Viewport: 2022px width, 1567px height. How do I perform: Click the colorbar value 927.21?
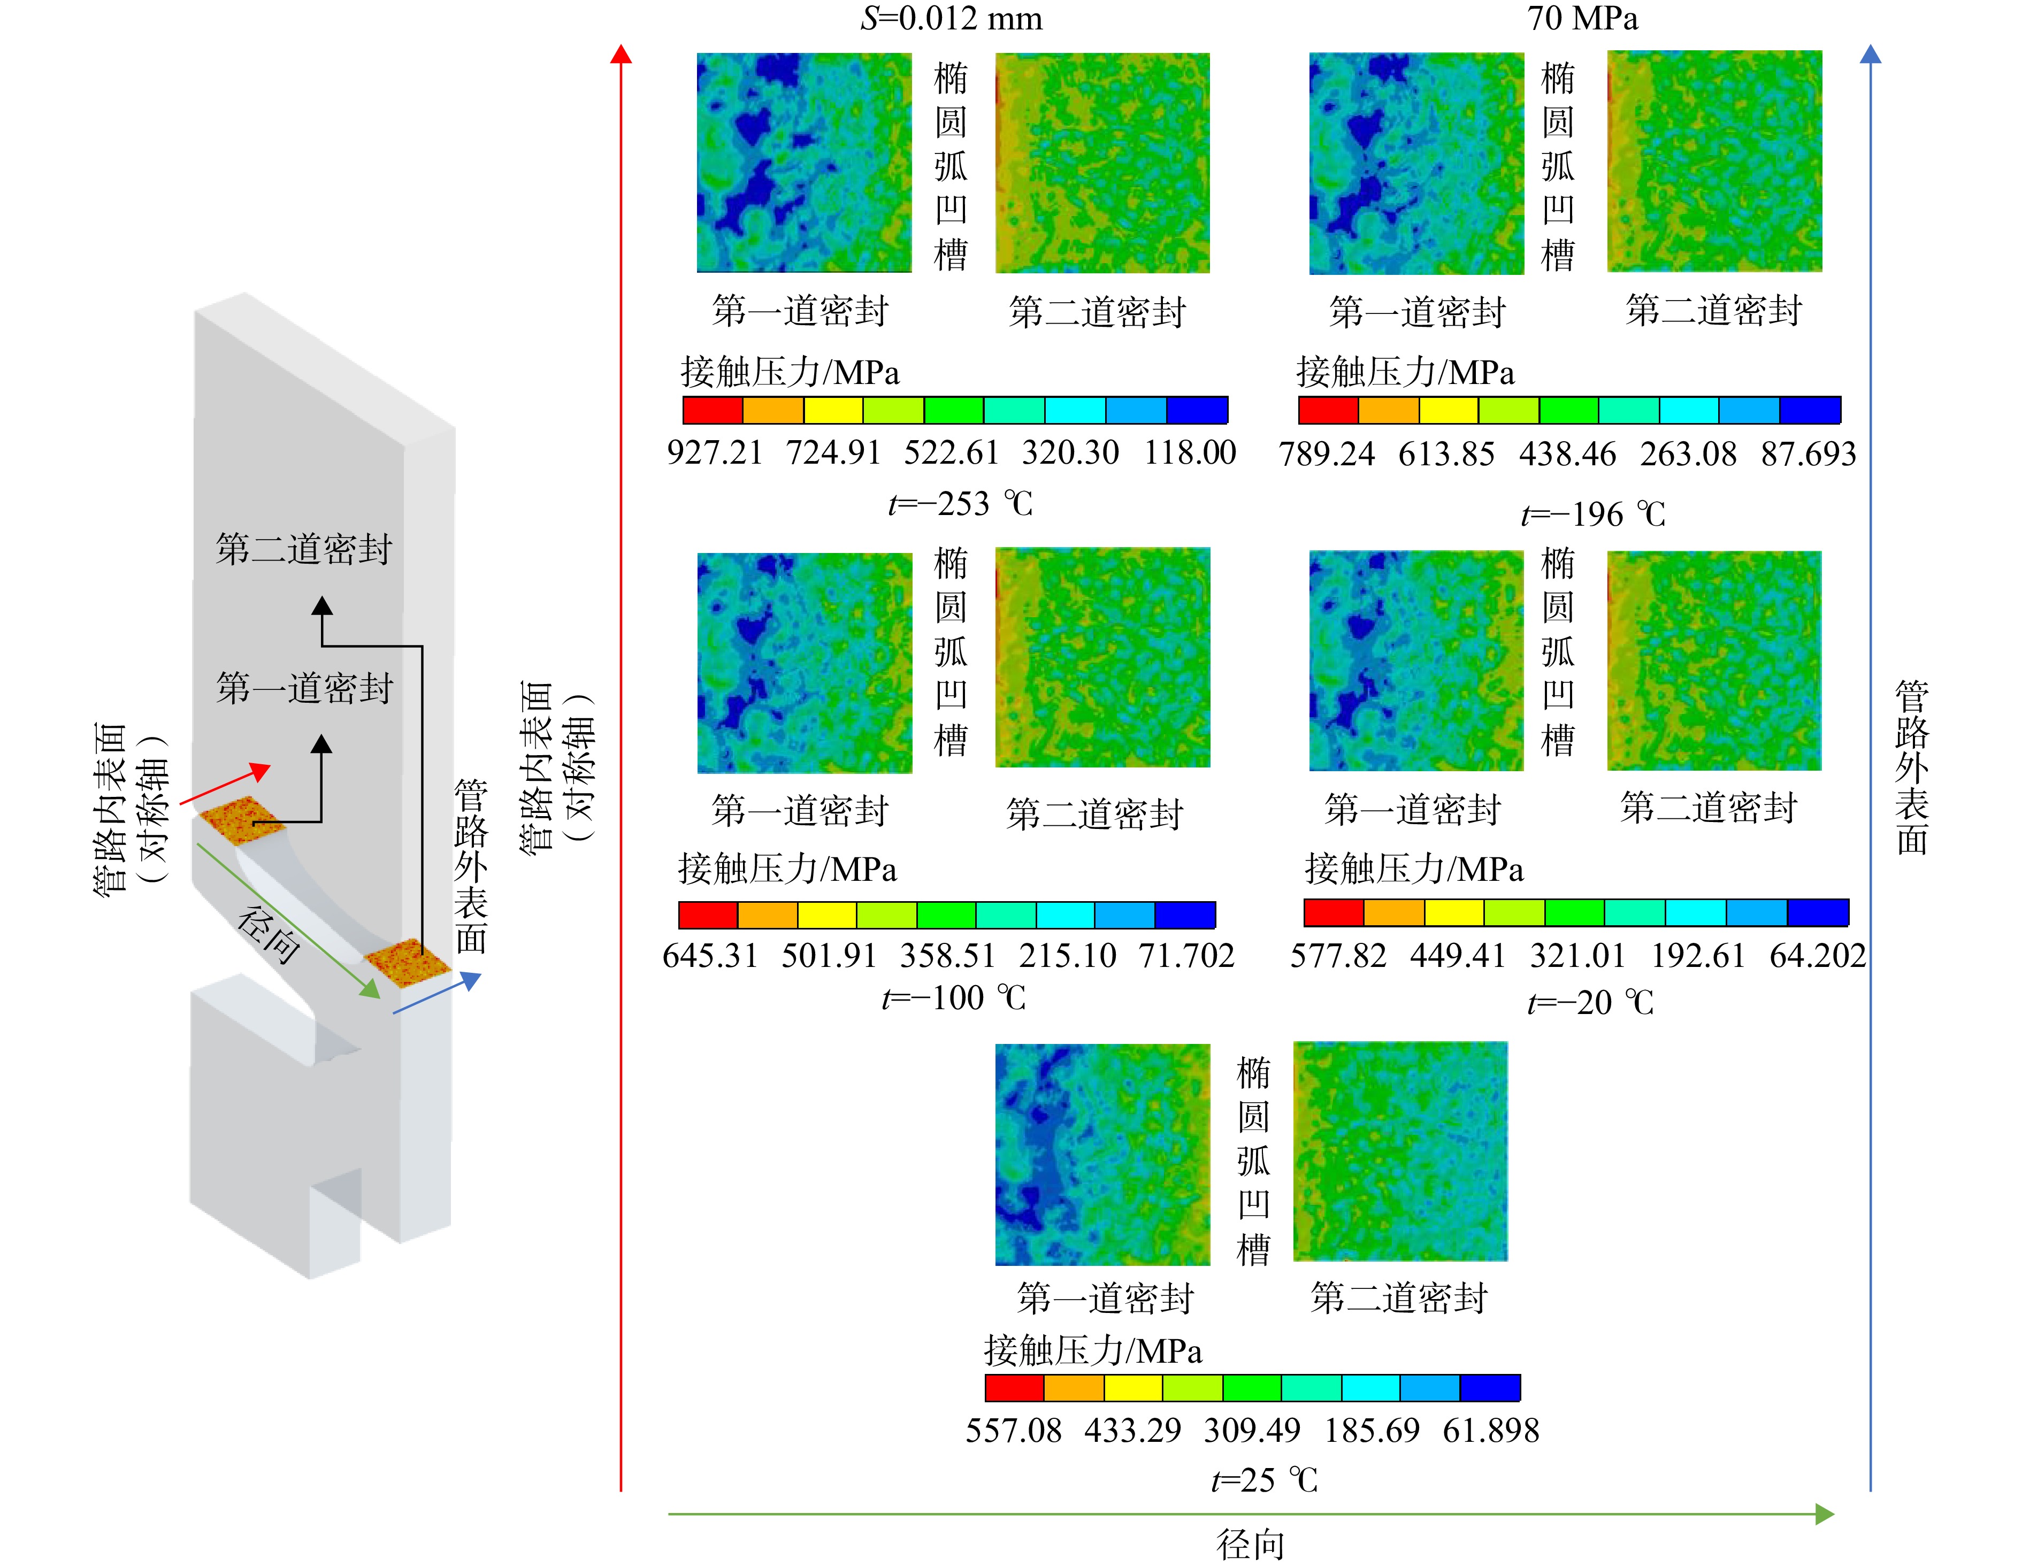point(715,452)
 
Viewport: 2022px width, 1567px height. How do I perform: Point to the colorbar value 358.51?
point(948,955)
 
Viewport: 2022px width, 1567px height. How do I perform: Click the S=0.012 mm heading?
point(952,19)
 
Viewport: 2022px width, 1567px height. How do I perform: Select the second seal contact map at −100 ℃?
point(1102,657)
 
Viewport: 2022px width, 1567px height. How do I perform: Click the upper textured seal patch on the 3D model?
point(242,820)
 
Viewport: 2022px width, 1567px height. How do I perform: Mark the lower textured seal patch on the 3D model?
point(407,963)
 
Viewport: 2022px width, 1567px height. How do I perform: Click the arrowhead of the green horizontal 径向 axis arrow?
point(1825,1514)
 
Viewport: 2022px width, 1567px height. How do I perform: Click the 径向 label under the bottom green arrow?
point(1251,1545)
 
